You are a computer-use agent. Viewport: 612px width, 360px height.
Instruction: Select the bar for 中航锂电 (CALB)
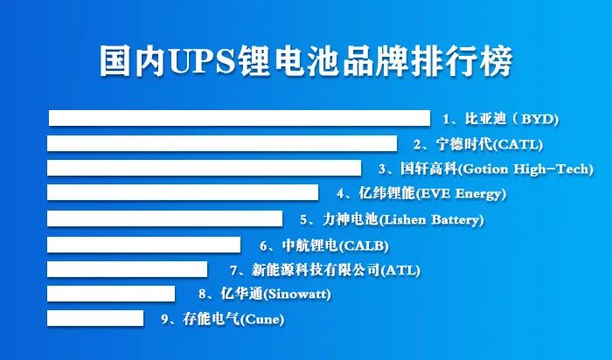pyautogui.click(x=143, y=245)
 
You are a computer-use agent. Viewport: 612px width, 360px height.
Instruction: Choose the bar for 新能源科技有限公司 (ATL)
pyautogui.click(x=127, y=269)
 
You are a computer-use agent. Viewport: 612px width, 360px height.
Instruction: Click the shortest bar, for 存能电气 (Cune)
pyautogui.click(x=95, y=318)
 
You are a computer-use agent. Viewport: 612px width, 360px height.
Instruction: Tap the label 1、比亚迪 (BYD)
pyautogui.click(x=499, y=118)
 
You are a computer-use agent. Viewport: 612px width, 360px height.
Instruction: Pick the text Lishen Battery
pyautogui.click(x=433, y=219)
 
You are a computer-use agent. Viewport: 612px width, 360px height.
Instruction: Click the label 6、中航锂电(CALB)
pyautogui.click(x=323, y=245)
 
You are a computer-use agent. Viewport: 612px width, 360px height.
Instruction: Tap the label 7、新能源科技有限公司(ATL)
pyautogui.click(x=324, y=270)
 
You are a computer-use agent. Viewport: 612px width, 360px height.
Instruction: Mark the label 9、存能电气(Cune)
pyautogui.click(x=223, y=319)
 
